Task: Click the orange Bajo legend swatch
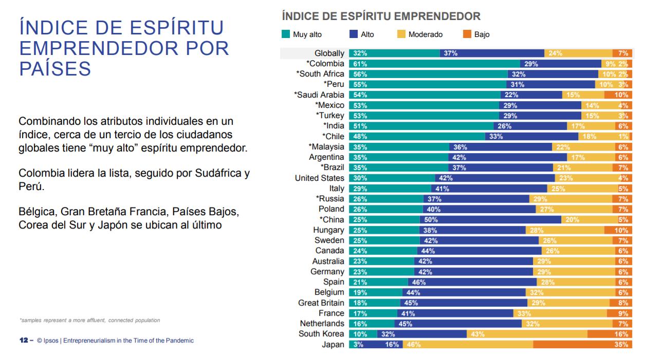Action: pyautogui.click(x=467, y=34)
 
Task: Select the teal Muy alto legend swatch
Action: pyautogui.click(x=286, y=34)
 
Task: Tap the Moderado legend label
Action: pyautogui.click(x=425, y=34)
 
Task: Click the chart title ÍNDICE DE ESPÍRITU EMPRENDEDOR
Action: pyautogui.click(x=381, y=16)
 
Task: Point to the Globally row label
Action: pyautogui.click(x=329, y=53)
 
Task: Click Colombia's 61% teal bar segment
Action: pyautogui.click(x=434, y=64)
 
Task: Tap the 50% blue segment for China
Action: pyautogui.click(x=490, y=220)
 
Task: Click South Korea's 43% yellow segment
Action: pyautogui.click(x=527, y=334)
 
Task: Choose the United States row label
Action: pyautogui.click(x=319, y=178)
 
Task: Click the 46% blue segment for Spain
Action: pyautogui.click(x=472, y=282)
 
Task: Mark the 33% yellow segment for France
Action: pyautogui.click(x=560, y=313)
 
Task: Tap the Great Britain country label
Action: pyautogui.click(x=321, y=303)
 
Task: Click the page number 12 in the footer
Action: pyautogui.click(x=23, y=340)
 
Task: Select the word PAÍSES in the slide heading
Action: pyautogui.click(x=55, y=68)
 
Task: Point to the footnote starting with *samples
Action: pyautogui.click(x=89, y=320)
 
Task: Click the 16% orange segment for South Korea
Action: pyautogui.click(x=607, y=334)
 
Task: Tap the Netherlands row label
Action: pyautogui.click(x=322, y=324)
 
